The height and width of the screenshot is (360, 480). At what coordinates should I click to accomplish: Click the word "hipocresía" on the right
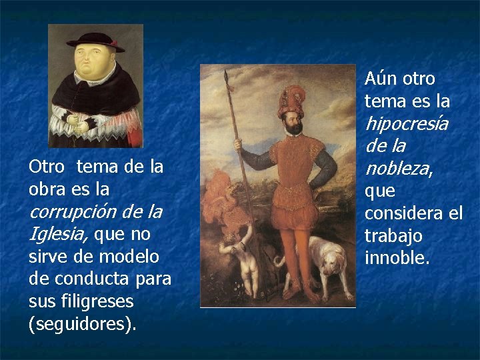pyautogui.click(x=406, y=123)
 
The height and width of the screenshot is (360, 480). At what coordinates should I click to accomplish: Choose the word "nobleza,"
pyautogui.click(x=399, y=169)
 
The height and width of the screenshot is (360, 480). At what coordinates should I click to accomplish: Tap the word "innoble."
pyautogui.click(x=397, y=258)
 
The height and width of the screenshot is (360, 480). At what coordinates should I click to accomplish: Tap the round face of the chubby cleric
pyautogui.click(x=96, y=65)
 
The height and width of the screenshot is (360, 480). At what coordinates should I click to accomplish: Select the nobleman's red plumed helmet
pyautogui.click(x=291, y=100)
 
